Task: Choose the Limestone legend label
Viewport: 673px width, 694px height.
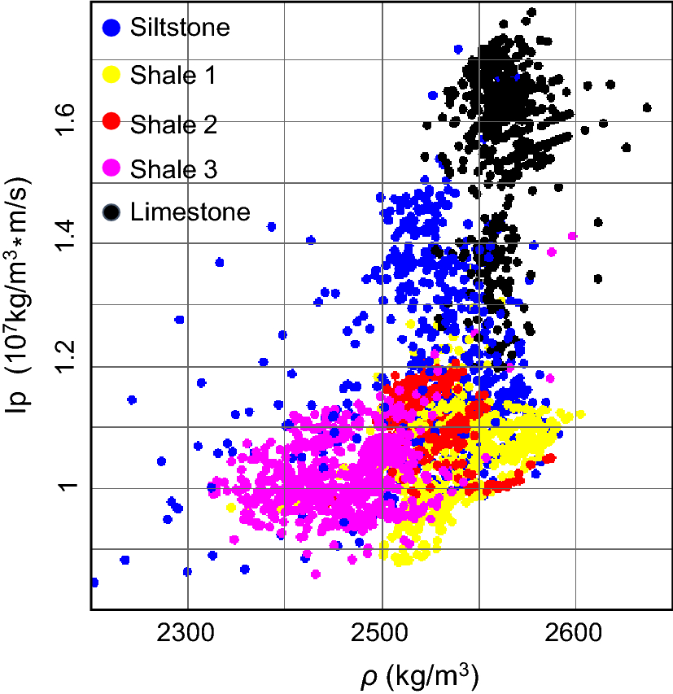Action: click(190, 213)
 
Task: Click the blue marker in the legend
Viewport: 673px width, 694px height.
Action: click(112, 27)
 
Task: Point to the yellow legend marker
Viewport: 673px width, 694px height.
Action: click(112, 75)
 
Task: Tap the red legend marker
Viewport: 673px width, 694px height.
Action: click(112, 122)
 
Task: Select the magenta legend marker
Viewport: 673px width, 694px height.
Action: click(112, 168)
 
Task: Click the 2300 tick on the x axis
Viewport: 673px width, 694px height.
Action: click(188, 633)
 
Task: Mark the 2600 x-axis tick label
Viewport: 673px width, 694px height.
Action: click(575, 633)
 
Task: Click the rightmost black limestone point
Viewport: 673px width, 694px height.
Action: click(647, 107)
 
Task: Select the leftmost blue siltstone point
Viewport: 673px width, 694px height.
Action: click(94, 583)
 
